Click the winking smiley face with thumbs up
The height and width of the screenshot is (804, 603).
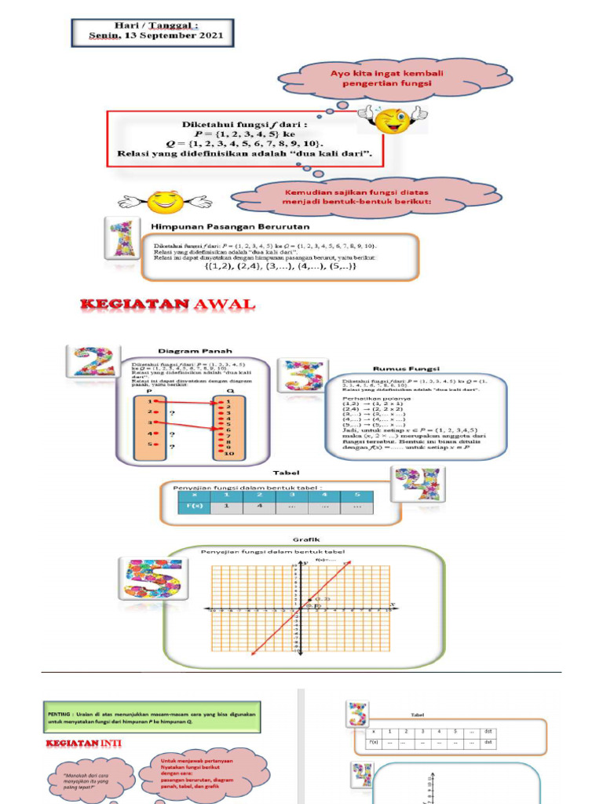[392, 119]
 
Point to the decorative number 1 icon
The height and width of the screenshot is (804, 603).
[122, 238]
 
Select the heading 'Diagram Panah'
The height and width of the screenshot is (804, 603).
[196, 352]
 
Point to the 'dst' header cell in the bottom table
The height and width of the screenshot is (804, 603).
[488, 731]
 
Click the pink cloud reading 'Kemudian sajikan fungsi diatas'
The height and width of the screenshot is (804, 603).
[363, 196]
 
